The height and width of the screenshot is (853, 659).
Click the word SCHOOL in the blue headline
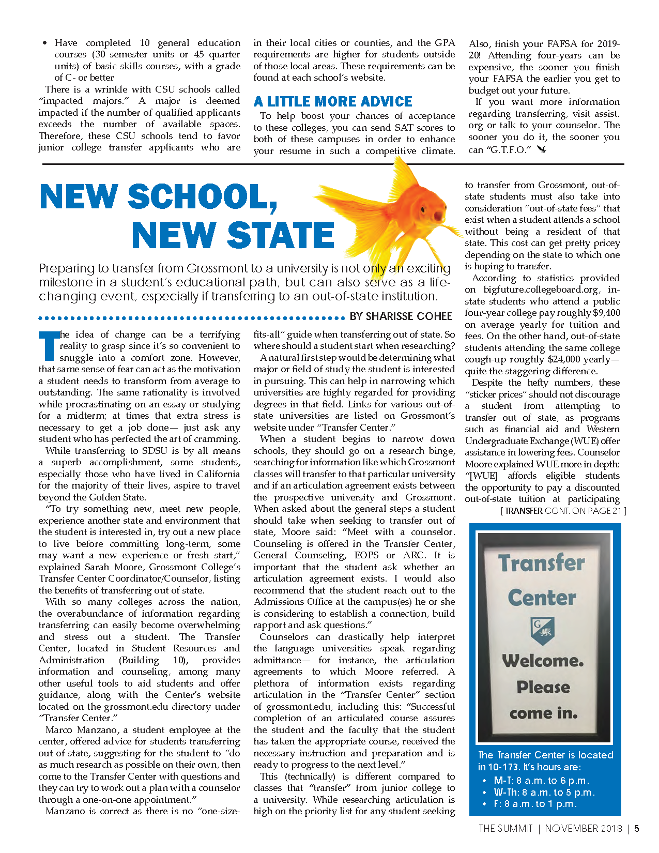pyautogui.click(x=202, y=197)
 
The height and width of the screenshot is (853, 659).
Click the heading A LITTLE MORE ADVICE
pyautogui.click(x=333, y=101)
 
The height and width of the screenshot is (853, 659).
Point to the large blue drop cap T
pyautogui.click(x=49, y=345)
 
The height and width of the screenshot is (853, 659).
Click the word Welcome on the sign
pyautogui.click(x=542, y=661)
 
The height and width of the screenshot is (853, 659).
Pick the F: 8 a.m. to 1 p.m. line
pyautogui.click(x=535, y=804)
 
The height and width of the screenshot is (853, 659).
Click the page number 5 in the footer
pyautogui.click(x=637, y=829)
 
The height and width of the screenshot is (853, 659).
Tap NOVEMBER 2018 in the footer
pyautogui.click(x=584, y=829)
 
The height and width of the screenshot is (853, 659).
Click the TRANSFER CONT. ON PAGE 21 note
pyautogui.click(x=563, y=511)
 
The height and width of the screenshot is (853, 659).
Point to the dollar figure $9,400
pyautogui.click(x=606, y=313)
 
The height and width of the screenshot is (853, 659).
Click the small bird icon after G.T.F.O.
pyautogui.click(x=542, y=149)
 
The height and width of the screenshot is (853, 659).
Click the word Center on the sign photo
pyautogui.click(x=542, y=598)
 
